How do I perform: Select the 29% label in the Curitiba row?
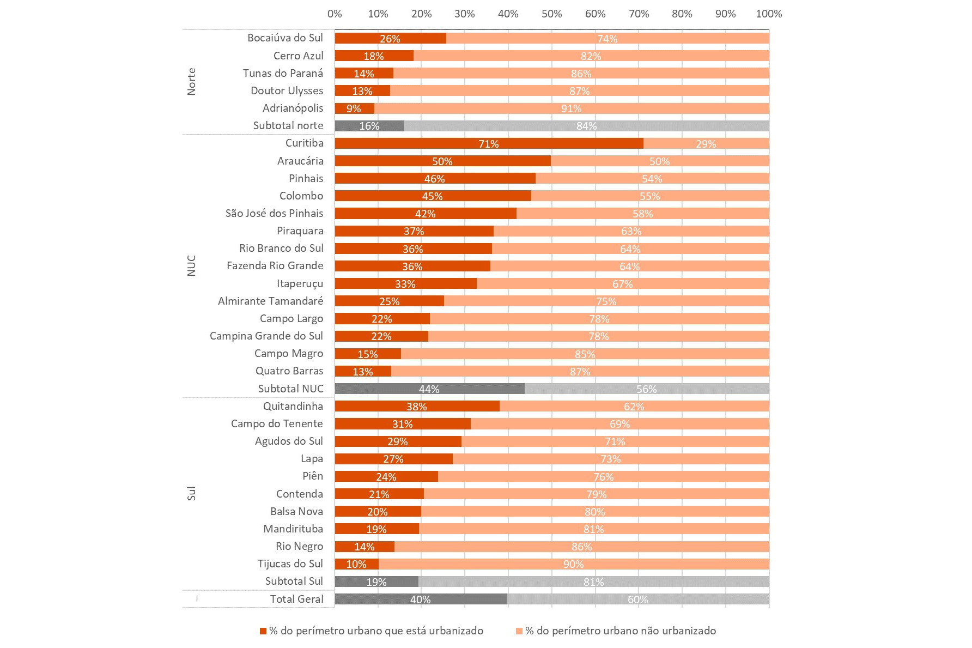coord(706,144)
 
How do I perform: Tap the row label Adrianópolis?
coord(293,108)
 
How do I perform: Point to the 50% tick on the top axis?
coord(551,14)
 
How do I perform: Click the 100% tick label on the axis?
coord(768,14)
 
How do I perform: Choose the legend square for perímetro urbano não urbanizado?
coord(519,631)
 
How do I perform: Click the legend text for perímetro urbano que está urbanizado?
coord(376,631)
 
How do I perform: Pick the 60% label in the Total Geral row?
coord(637,599)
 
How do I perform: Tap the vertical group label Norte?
coord(191,82)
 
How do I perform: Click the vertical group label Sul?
coord(191,494)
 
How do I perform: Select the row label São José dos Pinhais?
coord(274,213)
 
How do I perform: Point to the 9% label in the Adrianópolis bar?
coord(354,108)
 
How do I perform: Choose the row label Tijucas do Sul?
coord(290,564)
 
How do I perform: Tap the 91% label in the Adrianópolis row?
coord(571,108)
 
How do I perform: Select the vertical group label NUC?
coord(191,265)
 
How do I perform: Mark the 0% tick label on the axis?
coord(335,14)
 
